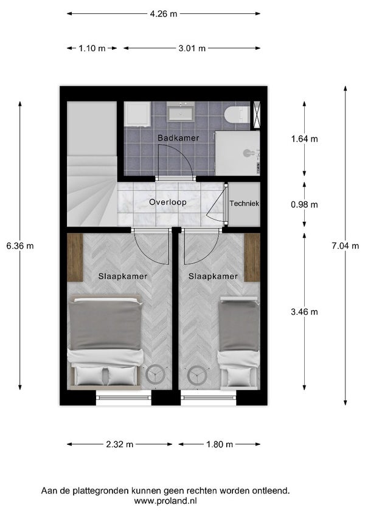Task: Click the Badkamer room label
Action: [178, 138]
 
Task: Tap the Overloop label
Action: [168, 202]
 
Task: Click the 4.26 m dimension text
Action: [163, 14]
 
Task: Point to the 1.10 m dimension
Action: [91, 48]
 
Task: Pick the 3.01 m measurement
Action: [192, 48]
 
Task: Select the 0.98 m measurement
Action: [305, 204]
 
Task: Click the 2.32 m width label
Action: [120, 444]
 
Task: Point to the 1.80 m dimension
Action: [220, 444]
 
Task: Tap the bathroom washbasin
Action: [181, 112]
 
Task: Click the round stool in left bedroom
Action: [154, 375]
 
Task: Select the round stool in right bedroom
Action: [197, 375]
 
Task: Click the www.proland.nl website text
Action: [165, 501]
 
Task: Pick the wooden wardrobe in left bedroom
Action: [75, 257]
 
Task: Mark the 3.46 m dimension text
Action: [305, 312]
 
